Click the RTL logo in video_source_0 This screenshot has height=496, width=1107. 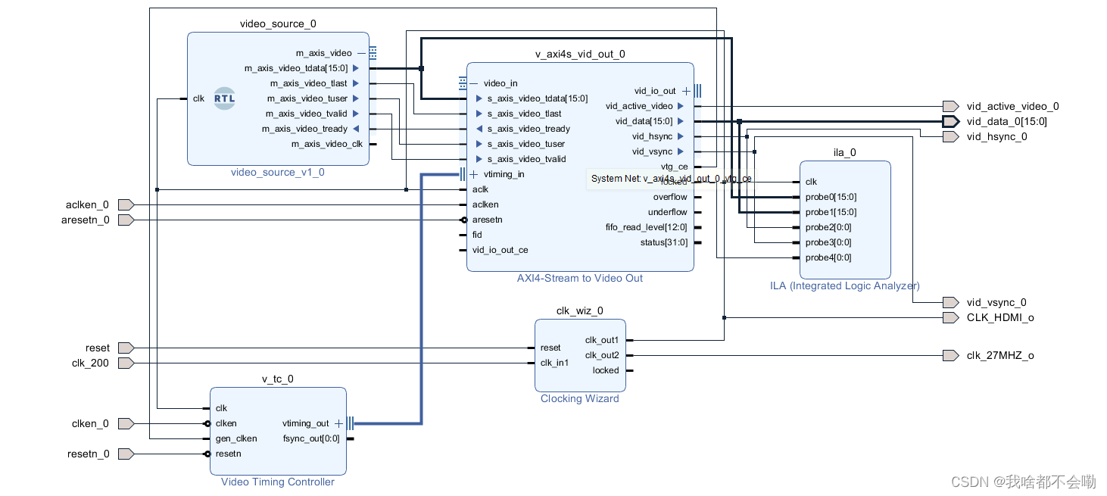225,98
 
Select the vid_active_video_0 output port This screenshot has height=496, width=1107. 950,107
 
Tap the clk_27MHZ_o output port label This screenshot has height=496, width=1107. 1000,356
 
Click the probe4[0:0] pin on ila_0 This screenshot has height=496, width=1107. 828,257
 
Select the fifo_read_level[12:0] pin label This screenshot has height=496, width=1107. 647,227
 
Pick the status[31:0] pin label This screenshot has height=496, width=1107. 663,242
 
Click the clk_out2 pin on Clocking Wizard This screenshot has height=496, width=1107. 602,355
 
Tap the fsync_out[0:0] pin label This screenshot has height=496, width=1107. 311,438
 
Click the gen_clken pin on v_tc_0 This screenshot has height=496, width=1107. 236,438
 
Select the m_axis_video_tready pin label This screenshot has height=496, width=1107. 304,129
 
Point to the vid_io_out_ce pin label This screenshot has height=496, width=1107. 500,250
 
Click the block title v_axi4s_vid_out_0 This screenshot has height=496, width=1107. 580,54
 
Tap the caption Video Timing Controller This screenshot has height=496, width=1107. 278,482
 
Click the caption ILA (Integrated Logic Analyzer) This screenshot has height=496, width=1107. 844,285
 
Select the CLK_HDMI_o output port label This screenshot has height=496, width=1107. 1000,318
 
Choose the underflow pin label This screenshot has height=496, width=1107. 668,212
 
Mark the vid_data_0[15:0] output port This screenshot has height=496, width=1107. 950,122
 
